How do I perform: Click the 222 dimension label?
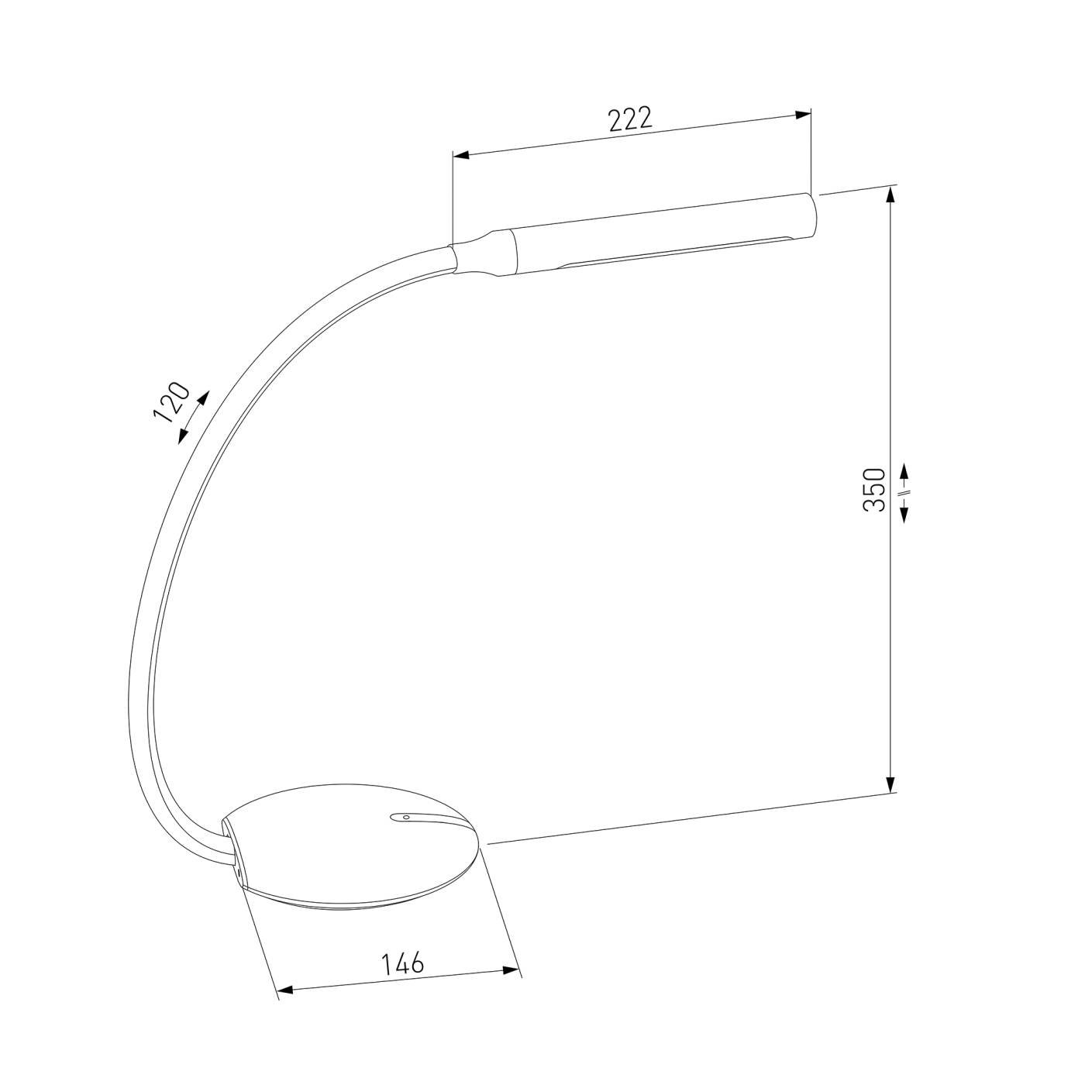tap(630, 119)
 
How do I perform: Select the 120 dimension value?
tap(171, 401)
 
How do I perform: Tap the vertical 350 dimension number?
tap(874, 489)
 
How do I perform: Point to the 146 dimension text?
tap(403, 963)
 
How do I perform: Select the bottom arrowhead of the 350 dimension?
tap(892, 784)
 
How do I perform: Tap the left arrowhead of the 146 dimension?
tap(285, 990)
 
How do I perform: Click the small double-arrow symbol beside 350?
tap(904, 492)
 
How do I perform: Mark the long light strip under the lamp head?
tap(674, 252)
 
